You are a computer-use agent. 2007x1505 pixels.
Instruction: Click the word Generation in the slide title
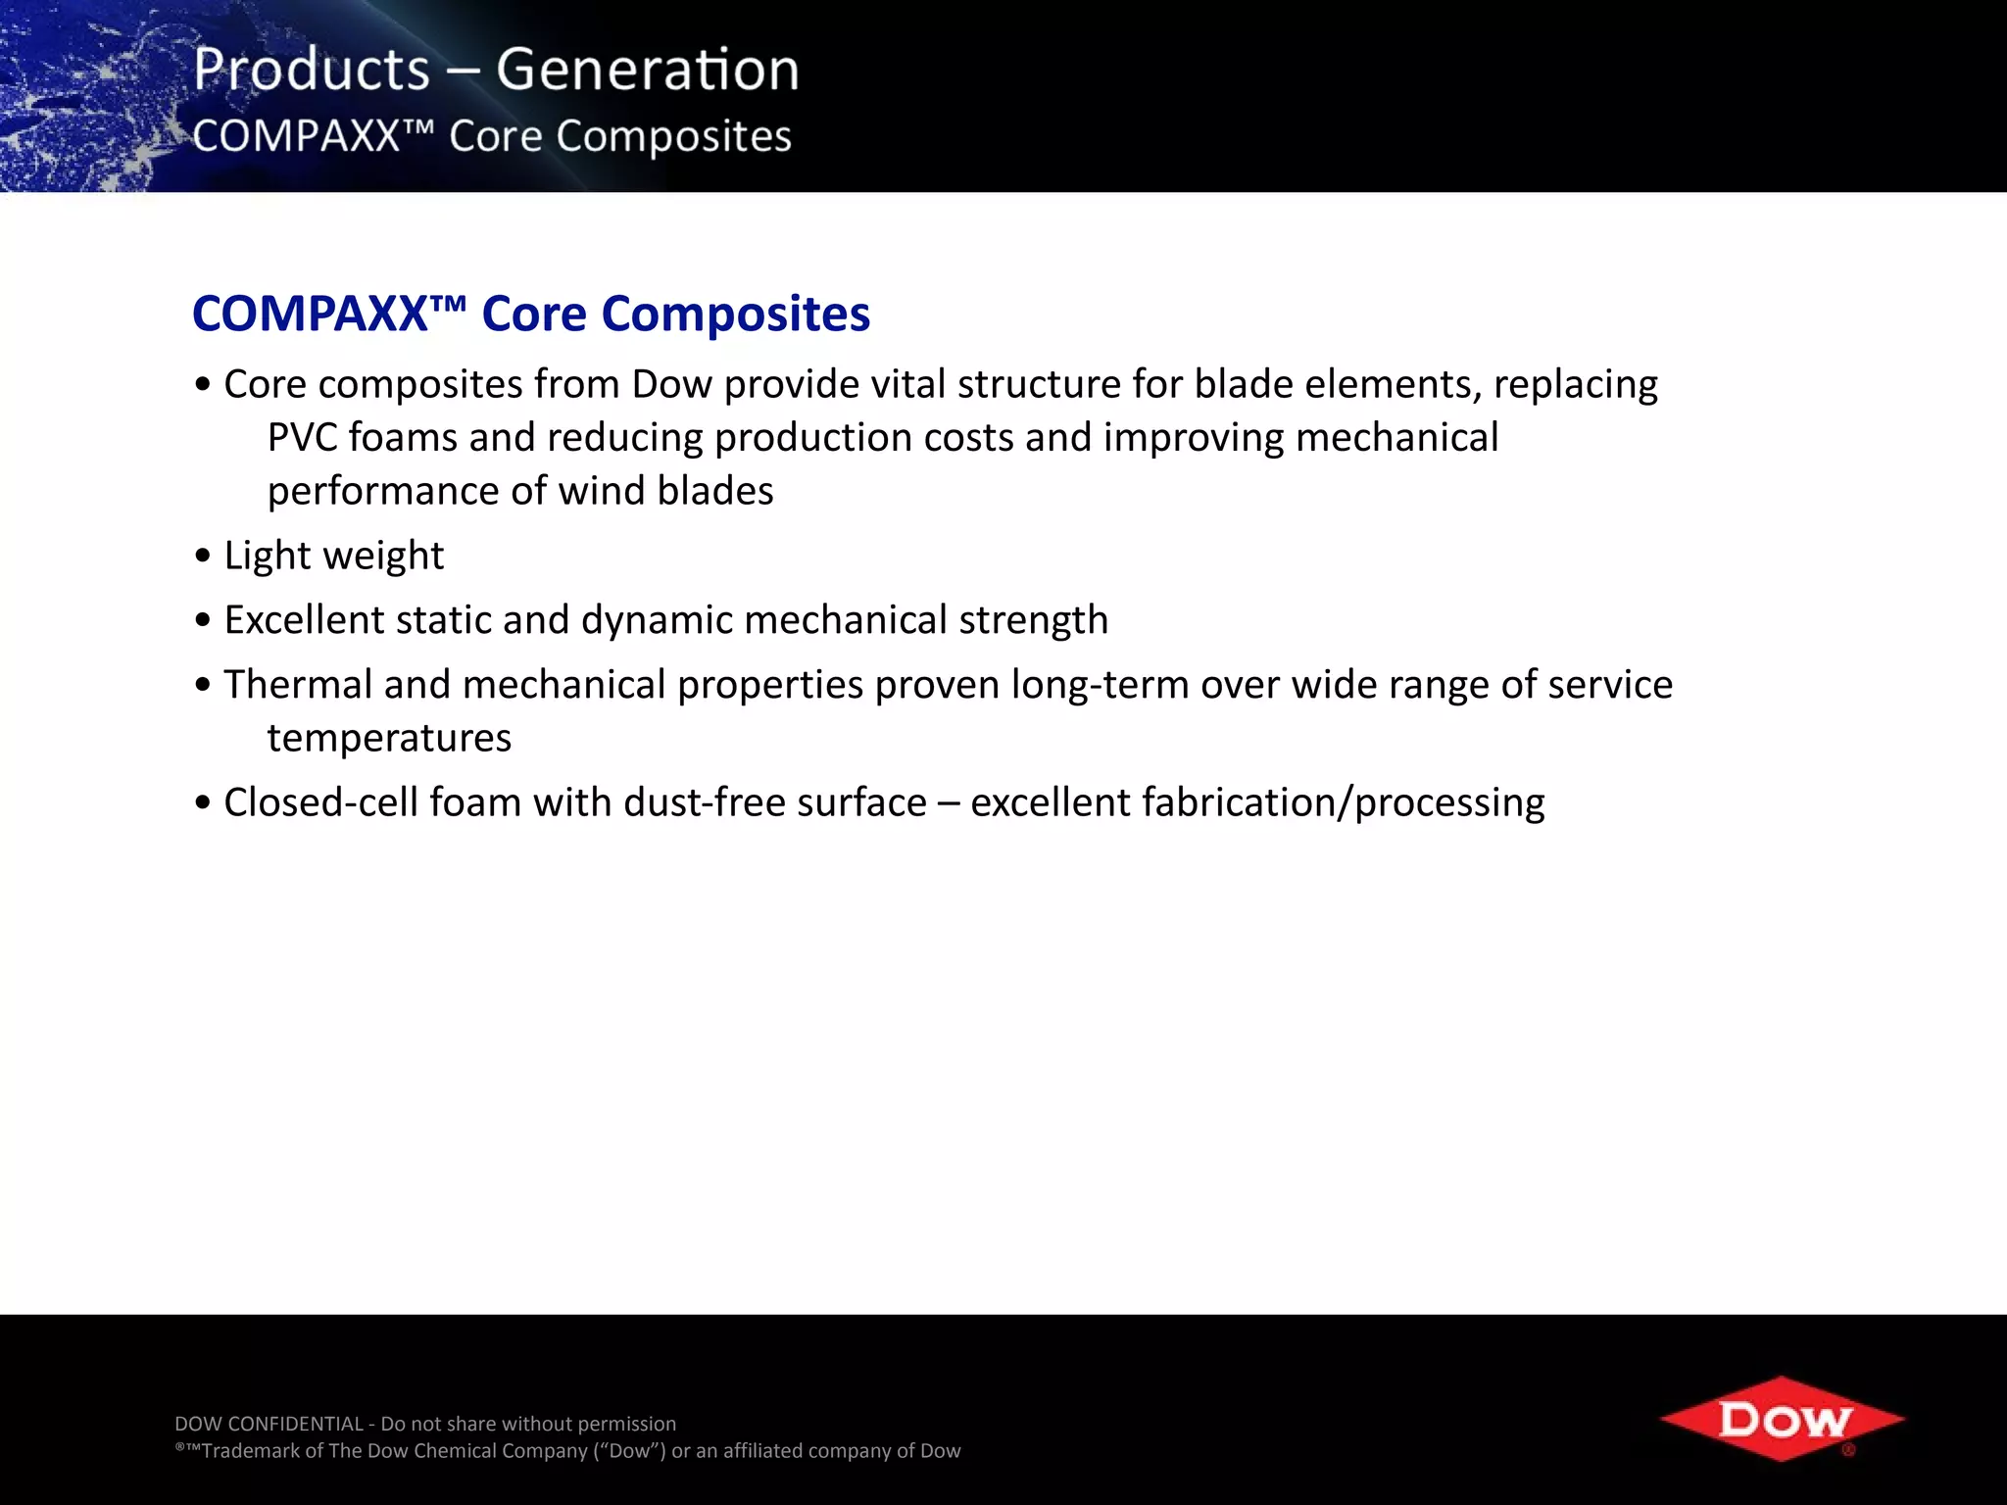point(647,71)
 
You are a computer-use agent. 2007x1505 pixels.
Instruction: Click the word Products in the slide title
point(312,71)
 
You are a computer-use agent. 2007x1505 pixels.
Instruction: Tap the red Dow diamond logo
point(1782,1419)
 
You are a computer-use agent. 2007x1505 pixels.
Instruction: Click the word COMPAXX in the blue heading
point(310,315)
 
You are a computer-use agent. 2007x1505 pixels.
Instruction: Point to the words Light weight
point(333,556)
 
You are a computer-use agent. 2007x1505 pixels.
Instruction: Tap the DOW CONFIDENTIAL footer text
point(269,1424)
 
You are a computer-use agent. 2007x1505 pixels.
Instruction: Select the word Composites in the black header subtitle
point(673,137)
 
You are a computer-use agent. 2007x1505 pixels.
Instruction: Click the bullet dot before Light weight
point(203,557)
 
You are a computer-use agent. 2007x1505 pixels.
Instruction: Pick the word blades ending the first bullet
point(714,491)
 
